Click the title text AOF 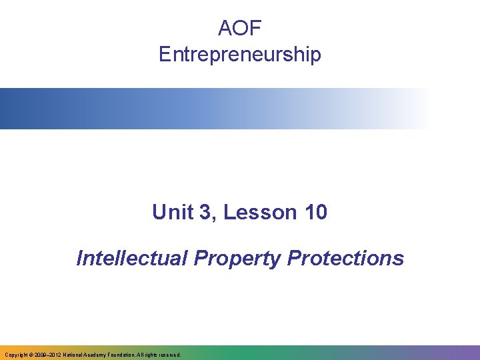click(240, 28)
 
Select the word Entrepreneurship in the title click(240, 54)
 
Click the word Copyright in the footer click(16, 355)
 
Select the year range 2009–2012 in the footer click(50, 355)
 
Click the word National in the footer click(77, 355)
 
